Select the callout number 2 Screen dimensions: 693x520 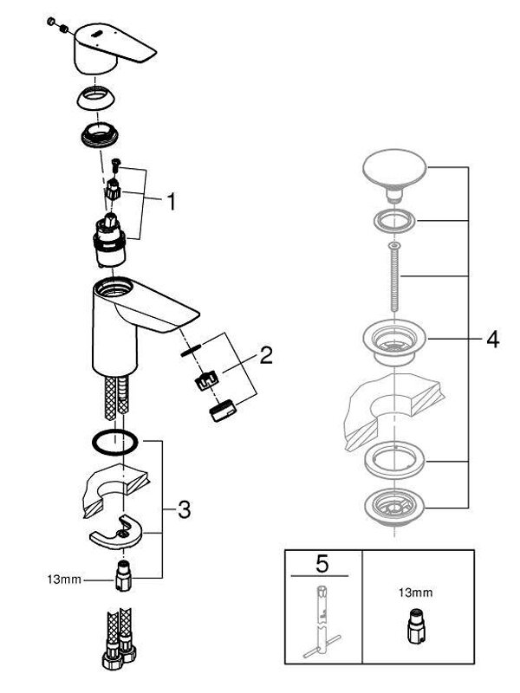coord(265,354)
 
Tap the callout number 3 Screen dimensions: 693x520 coord(183,510)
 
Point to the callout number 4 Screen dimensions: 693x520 coord(492,340)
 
